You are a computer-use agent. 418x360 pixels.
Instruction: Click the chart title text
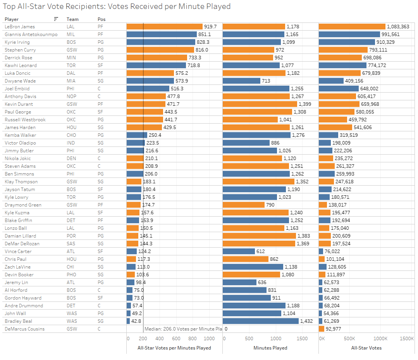pos(117,7)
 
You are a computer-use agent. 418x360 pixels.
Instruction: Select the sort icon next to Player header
pos(56,19)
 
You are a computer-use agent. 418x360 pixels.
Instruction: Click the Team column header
pos(72,19)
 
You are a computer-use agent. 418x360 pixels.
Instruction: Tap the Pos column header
pos(101,19)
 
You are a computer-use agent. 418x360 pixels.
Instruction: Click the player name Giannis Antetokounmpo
pos(31,34)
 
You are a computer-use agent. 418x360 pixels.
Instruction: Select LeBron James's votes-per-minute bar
pos(164,27)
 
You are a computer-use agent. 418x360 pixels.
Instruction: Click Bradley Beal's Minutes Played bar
pos(260,321)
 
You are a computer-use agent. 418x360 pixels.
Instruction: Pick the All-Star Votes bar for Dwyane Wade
pos(331,81)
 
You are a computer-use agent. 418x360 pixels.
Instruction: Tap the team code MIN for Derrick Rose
pos(71,58)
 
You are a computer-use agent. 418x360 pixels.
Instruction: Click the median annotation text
pos(183,329)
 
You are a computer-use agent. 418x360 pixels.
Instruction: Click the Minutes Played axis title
pos(270,348)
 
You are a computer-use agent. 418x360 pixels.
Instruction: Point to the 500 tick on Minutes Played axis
pos(249,339)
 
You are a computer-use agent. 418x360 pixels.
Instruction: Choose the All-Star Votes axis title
pos(366,348)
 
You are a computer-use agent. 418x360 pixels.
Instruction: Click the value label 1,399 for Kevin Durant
pos(304,104)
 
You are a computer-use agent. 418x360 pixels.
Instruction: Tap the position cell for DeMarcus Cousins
pos(100,329)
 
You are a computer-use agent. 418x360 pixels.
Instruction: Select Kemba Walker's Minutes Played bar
pos(256,135)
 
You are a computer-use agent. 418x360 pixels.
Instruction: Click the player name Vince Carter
pos(18,251)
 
